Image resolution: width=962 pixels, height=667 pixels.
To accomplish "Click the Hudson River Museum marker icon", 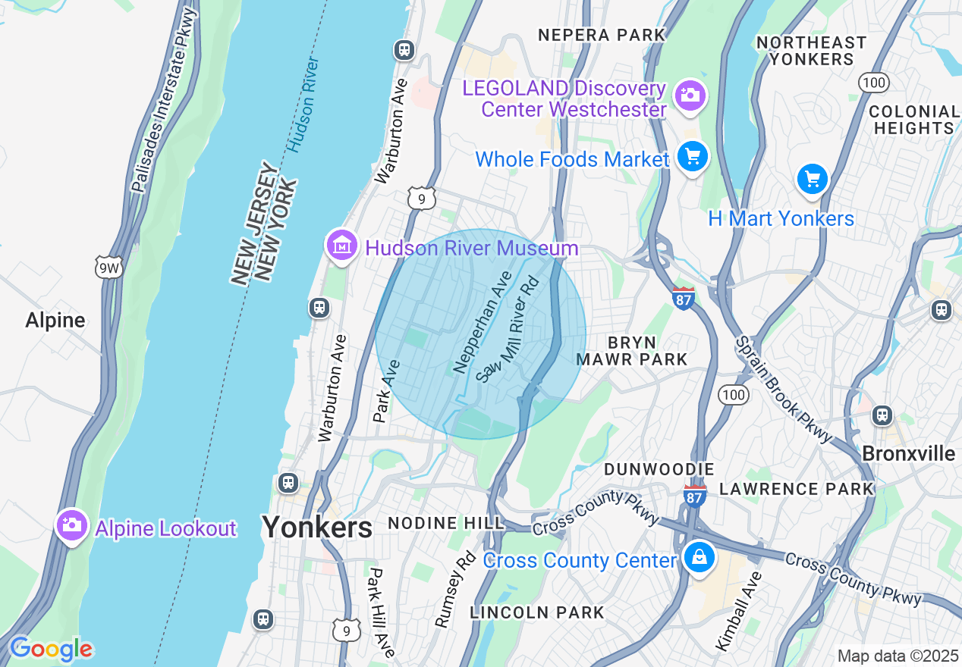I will tap(341, 246).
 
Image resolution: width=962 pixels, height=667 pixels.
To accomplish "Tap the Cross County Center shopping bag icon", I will tap(699, 558).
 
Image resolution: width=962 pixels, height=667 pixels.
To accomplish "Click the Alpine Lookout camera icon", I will tap(71, 525).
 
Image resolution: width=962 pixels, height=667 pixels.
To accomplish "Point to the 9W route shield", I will tap(108, 267).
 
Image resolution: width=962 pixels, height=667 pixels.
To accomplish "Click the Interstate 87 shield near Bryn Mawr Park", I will tap(683, 296).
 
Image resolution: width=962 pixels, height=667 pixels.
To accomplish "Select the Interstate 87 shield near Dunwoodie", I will tap(693, 495).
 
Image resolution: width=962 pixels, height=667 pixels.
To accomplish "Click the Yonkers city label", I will tap(317, 527).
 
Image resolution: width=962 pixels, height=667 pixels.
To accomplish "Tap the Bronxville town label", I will tap(908, 453).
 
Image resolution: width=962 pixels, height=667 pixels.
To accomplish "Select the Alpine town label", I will tap(55, 320).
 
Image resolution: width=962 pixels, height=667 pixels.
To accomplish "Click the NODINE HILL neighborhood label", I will tap(445, 523).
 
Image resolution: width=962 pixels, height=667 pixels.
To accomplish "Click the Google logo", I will tap(50, 650).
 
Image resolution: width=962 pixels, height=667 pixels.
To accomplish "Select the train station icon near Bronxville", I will tap(882, 415).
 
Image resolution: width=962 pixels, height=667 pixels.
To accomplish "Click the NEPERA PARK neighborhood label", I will tap(601, 35).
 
